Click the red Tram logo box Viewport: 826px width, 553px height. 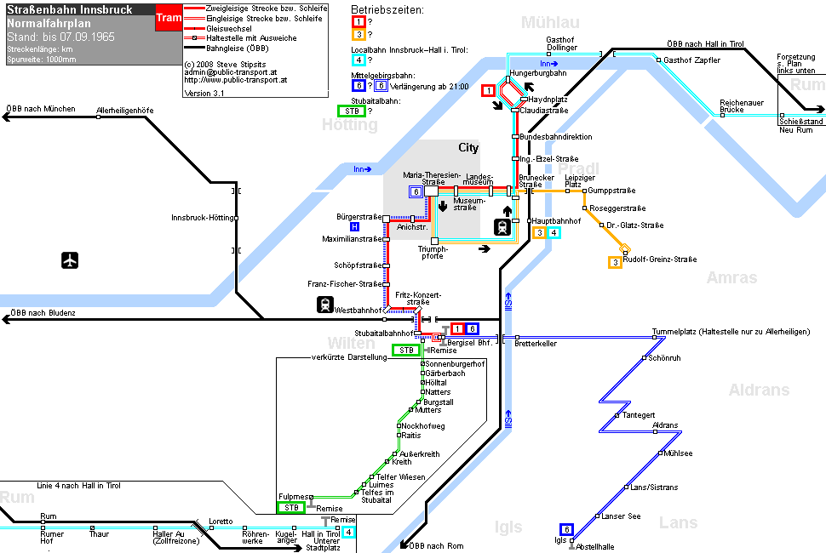coord(169,18)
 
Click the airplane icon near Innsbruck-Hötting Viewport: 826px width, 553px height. coord(70,260)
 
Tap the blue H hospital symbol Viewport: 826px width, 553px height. coord(354,227)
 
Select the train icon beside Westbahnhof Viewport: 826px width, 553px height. coord(325,305)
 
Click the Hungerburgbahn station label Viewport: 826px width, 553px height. coord(538,73)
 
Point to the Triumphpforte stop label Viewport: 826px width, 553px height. coord(433,253)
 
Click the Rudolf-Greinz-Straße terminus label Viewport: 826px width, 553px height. coord(660,259)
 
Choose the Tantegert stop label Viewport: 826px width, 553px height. coord(639,415)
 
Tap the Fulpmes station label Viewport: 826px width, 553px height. coord(294,497)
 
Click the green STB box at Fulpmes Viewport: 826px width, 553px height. coord(291,508)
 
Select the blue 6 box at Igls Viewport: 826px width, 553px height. coord(566,529)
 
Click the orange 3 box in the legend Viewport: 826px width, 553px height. coord(359,35)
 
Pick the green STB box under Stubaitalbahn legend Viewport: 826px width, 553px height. coord(352,111)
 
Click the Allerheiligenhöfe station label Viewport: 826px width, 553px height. coord(125,111)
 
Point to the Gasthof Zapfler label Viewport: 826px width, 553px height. coord(691,60)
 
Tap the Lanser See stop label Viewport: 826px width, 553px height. coord(621,516)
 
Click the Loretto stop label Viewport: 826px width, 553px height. coord(221,522)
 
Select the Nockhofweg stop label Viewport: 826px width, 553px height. coord(423,426)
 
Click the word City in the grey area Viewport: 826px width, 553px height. coord(468,148)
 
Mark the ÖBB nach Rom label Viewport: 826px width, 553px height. coord(436,545)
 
